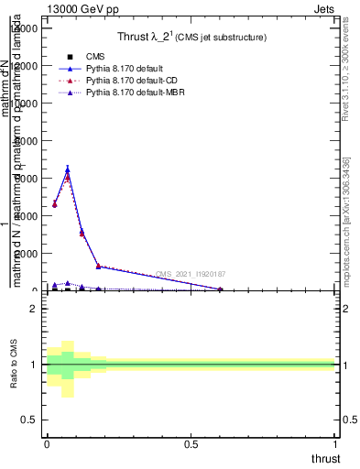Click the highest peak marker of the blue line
click(x=68, y=169)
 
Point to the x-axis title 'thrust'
click(x=325, y=459)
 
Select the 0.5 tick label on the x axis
click(x=191, y=443)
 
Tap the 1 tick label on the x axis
click(x=335, y=443)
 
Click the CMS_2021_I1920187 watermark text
click(x=191, y=274)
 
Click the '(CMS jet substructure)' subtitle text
click(x=222, y=38)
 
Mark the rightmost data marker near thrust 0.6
click(x=220, y=289)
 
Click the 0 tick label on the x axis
click(x=46, y=443)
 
